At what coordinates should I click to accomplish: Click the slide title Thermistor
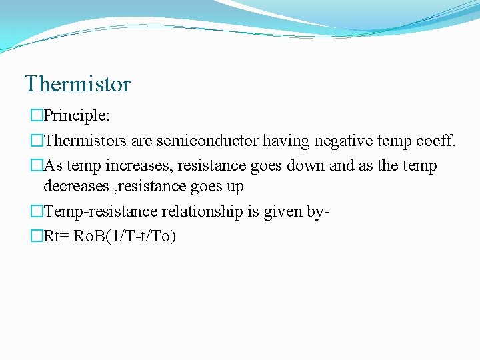click(x=77, y=85)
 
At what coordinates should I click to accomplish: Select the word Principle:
click(x=77, y=116)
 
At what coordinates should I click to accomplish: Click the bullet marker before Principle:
click(x=36, y=116)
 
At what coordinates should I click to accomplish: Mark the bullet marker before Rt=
click(x=36, y=236)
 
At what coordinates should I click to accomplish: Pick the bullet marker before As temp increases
click(x=36, y=166)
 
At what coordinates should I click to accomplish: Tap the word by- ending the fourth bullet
click(x=320, y=212)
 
